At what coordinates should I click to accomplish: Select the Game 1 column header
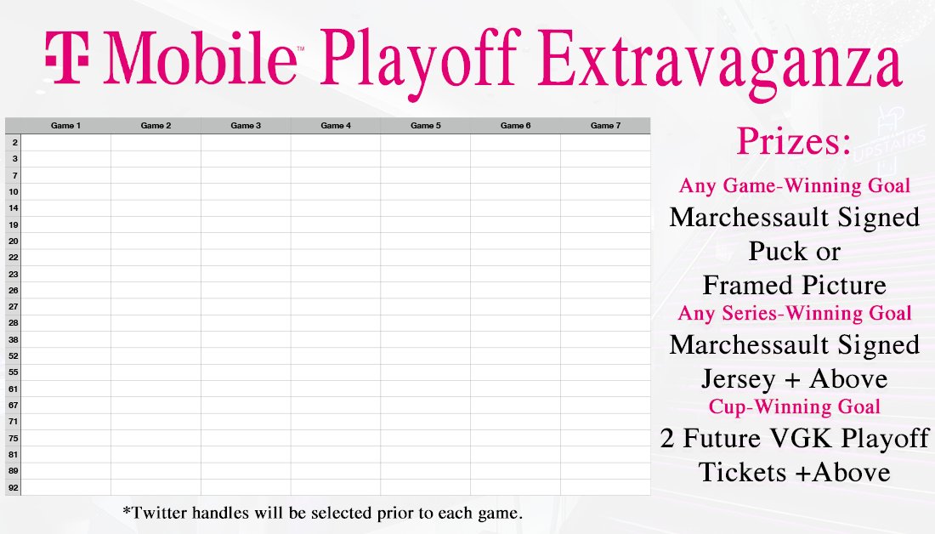[66, 126]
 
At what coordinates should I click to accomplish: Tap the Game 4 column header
[336, 126]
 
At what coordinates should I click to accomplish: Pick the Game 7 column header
[605, 126]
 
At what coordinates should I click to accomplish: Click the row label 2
[14, 142]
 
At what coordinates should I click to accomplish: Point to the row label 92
[14, 487]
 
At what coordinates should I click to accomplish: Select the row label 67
[14, 405]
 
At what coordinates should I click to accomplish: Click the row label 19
[14, 224]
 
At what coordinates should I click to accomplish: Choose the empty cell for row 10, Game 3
[246, 191]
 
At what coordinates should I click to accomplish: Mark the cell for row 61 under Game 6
[515, 389]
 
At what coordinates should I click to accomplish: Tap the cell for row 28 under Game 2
[156, 323]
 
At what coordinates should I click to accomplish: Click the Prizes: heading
[793, 140]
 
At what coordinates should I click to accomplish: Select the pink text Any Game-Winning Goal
[794, 185]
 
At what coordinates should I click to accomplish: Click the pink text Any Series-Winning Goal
[794, 313]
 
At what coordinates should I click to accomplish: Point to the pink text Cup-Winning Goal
[794, 406]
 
